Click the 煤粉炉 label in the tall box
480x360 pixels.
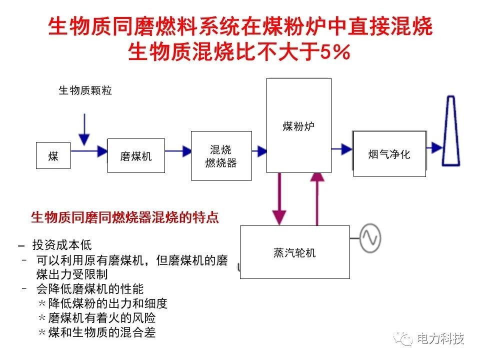pos(298,126)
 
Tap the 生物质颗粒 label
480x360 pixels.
pos(85,90)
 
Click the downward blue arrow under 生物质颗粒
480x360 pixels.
pos(84,129)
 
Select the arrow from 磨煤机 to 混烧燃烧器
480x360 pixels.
pos(178,151)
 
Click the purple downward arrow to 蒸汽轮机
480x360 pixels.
pos(279,199)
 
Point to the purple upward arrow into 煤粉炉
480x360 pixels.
pos(317,199)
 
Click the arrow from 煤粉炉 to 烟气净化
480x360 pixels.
pos(342,149)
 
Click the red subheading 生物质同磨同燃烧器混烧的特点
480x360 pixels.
pos(125,217)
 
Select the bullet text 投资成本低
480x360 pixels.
pos(62,245)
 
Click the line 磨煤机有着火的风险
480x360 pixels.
pos(102,318)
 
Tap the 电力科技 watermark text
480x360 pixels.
pos(440,338)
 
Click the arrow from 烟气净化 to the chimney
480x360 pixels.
pos(434,147)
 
